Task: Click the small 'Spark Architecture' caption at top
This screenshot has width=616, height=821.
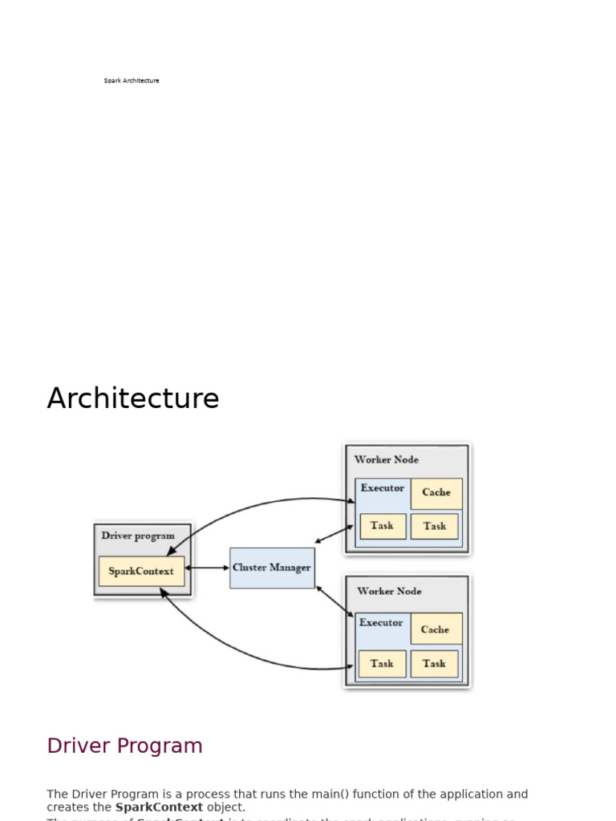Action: [132, 81]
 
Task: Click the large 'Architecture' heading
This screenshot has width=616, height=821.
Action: [133, 398]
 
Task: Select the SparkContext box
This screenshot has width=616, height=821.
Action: [141, 571]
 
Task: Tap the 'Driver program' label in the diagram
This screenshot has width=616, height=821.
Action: [138, 536]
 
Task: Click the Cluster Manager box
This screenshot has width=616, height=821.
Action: [272, 568]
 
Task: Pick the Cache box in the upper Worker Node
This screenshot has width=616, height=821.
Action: [436, 493]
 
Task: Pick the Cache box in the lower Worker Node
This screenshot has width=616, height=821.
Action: [436, 629]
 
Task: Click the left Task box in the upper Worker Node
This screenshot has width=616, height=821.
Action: [383, 526]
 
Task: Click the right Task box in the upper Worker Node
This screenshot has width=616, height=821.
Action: [435, 526]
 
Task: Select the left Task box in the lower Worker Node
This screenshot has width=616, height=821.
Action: [383, 664]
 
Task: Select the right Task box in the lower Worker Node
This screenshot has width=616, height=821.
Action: [434, 664]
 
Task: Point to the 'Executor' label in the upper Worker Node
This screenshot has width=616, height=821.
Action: [383, 488]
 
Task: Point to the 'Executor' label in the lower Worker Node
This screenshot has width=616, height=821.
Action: [381, 623]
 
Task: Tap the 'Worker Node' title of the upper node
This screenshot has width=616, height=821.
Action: [387, 459]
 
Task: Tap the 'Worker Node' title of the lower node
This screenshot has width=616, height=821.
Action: [389, 591]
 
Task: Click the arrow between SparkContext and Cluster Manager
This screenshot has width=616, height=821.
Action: [207, 568]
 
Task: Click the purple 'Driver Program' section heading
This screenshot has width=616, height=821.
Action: [124, 746]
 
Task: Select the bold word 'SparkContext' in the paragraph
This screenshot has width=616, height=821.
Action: [159, 807]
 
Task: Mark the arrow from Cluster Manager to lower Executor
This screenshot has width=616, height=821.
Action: [334, 601]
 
